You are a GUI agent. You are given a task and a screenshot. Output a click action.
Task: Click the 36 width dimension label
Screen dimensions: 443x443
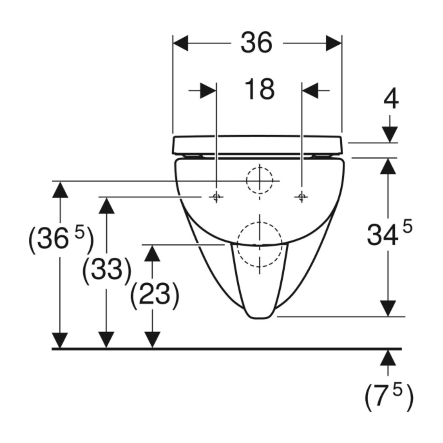click(x=257, y=43)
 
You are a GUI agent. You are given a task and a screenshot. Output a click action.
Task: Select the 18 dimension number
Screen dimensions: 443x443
click(x=259, y=89)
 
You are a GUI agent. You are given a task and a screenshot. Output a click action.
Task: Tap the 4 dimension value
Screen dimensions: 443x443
click(x=391, y=99)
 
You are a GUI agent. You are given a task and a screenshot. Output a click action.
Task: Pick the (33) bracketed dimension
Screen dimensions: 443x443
click(x=107, y=269)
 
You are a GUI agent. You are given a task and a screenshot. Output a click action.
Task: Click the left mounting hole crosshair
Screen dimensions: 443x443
click(x=216, y=197)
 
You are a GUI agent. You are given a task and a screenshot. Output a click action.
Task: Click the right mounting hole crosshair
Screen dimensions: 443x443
click(x=302, y=197)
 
